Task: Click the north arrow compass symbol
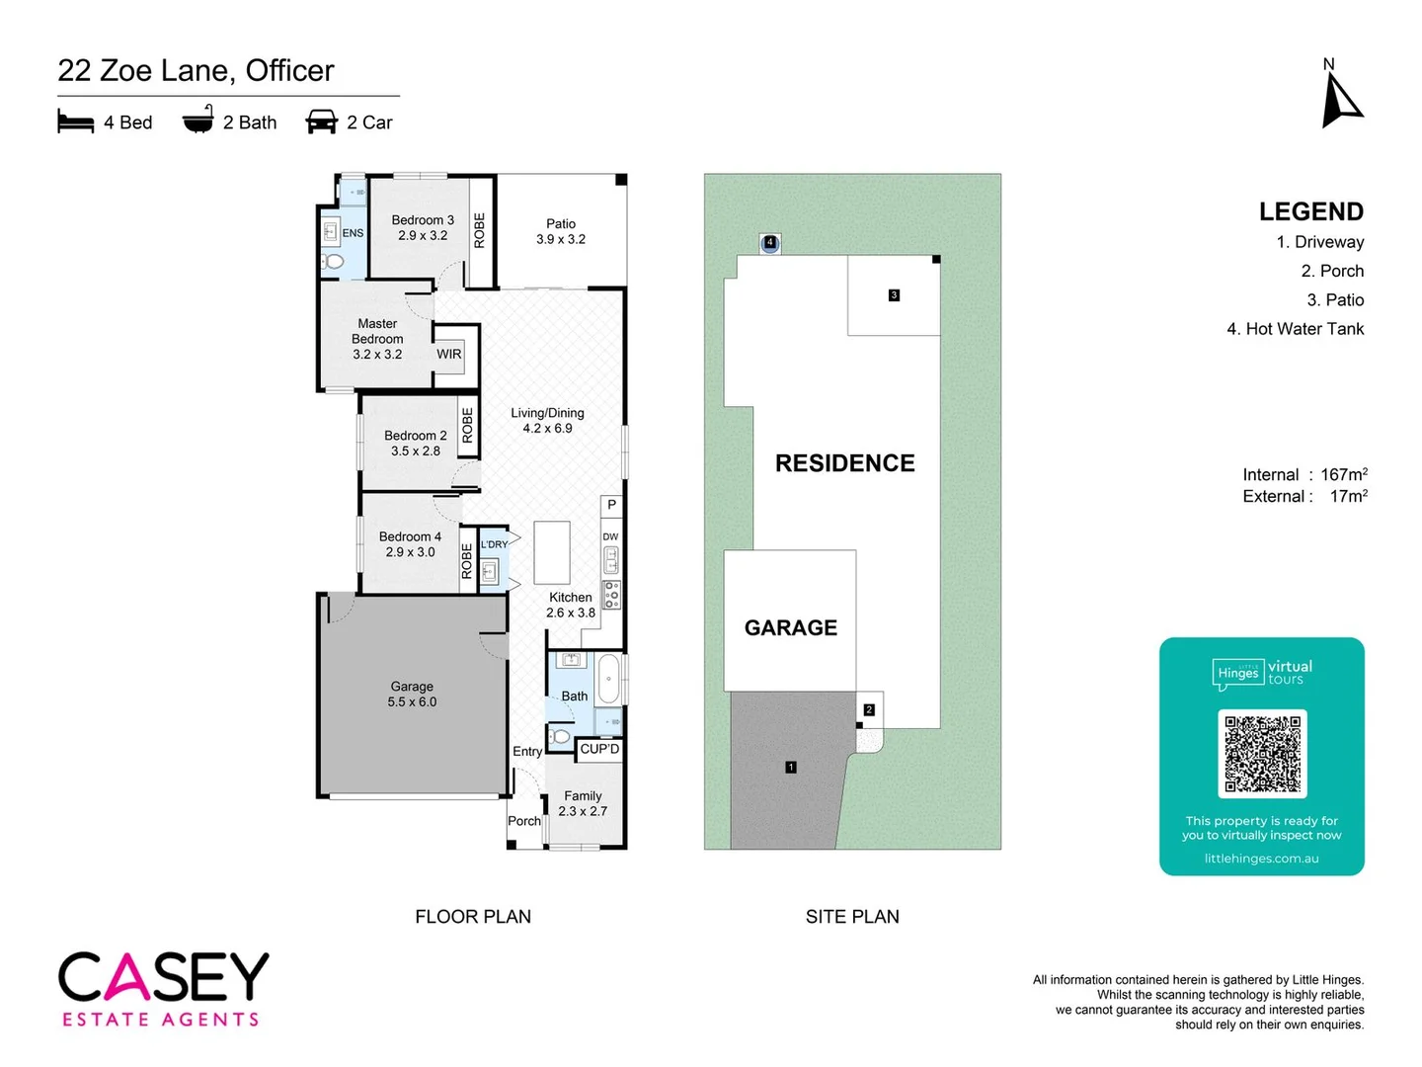[x=1340, y=100]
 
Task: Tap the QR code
[x=1262, y=753]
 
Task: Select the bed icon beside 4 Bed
[x=76, y=123]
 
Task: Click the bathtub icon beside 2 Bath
[x=197, y=121]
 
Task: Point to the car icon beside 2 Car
[x=322, y=123]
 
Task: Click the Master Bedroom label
[x=377, y=331]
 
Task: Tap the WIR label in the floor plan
[x=449, y=354]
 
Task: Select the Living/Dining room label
[x=547, y=413]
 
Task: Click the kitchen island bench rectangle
[x=552, y=552]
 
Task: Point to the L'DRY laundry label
[x=494, y=544]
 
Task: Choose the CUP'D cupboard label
[x=599, y=749]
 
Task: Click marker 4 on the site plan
[x=770, y=242]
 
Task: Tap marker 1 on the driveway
[x=791, y=767]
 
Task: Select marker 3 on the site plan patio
[x=894, y=294]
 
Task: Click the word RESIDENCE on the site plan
[x=844, y=463]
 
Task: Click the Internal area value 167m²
[x=1344, y=475]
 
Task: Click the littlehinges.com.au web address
[x=1261, y=859]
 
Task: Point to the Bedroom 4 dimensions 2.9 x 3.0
[x=410, y=552]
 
